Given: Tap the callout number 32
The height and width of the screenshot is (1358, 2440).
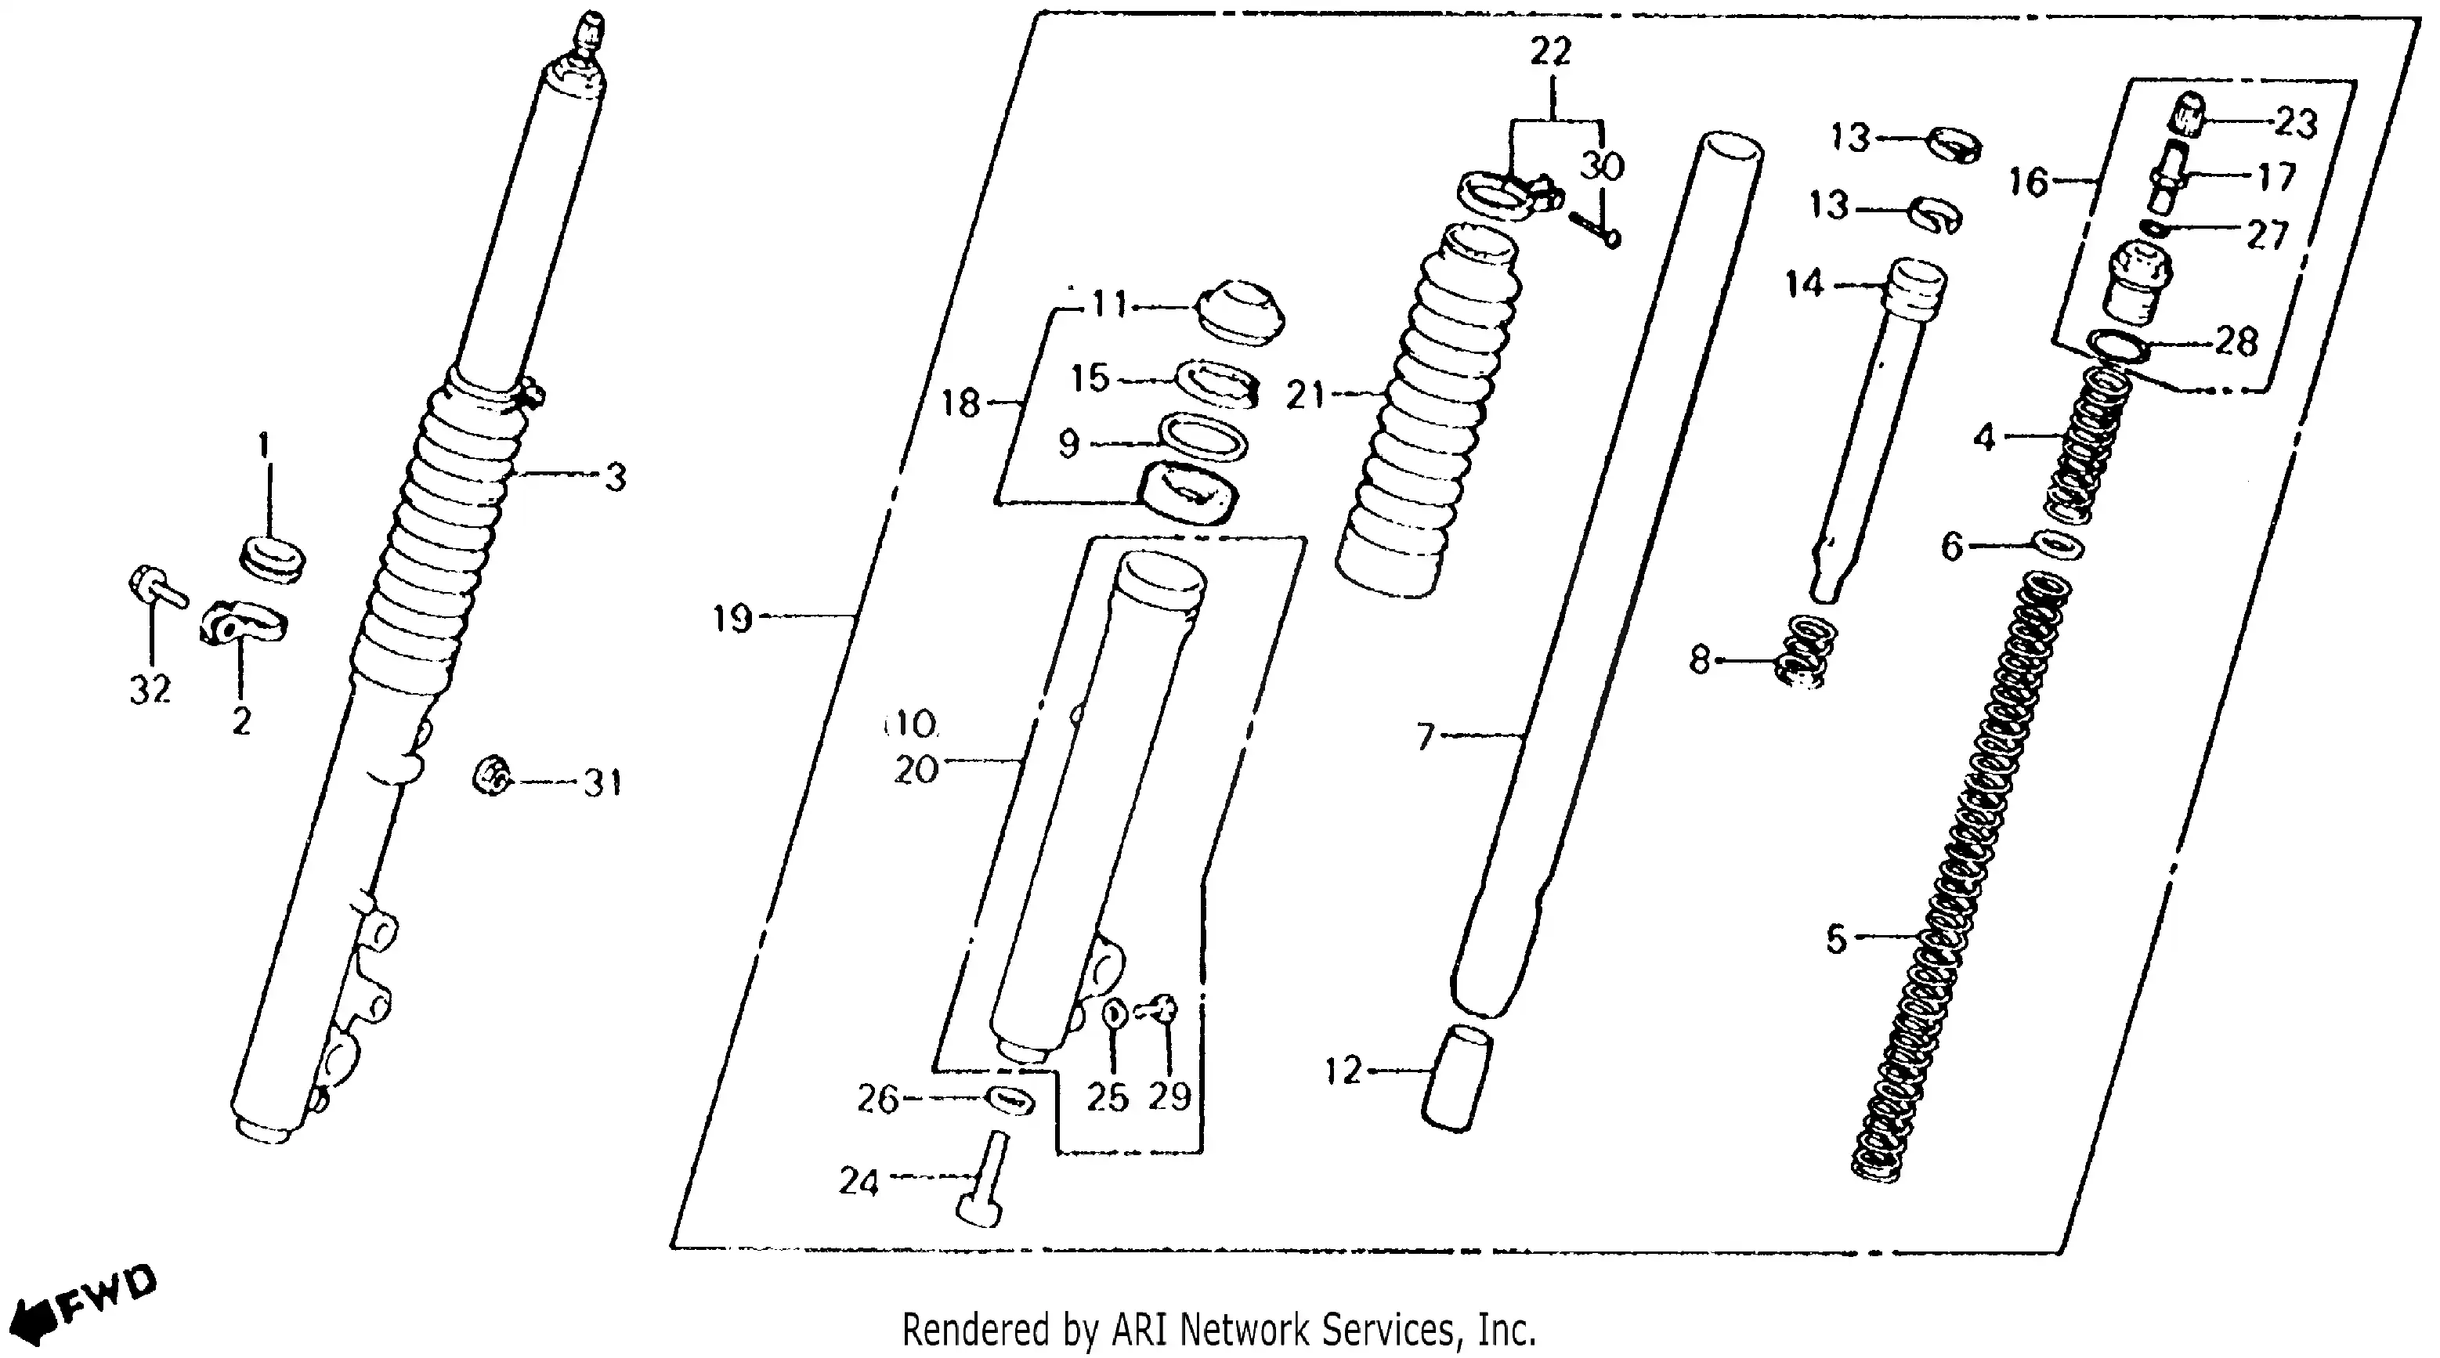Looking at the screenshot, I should point(150,689).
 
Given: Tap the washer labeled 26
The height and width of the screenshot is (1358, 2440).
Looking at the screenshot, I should point(1010,1100).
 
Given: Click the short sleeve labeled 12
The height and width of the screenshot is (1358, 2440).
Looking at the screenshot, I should point(1457,1079).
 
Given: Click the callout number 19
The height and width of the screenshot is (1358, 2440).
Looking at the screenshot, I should point(732,619).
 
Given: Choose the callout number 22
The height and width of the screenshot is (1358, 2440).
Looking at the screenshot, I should point(1551,51).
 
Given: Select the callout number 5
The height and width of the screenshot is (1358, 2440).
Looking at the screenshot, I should point(1837,940).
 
